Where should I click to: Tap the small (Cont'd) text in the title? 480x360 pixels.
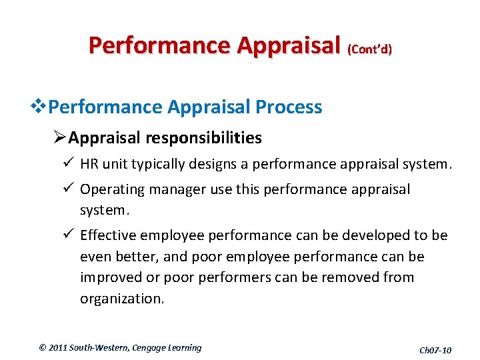[x=369, y=49]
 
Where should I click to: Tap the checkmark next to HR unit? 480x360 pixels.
[x=69, y=164]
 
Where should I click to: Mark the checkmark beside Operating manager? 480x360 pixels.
[x=69, y=189]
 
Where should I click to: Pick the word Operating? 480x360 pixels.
[x=112, y=189]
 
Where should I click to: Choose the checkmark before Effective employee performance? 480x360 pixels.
[x=69, y=235]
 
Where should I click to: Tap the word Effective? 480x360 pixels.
[x=107, y=235]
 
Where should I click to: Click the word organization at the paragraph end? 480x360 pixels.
[x=121, y=299]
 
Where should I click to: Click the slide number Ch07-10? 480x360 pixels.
[x=435, y=350]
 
